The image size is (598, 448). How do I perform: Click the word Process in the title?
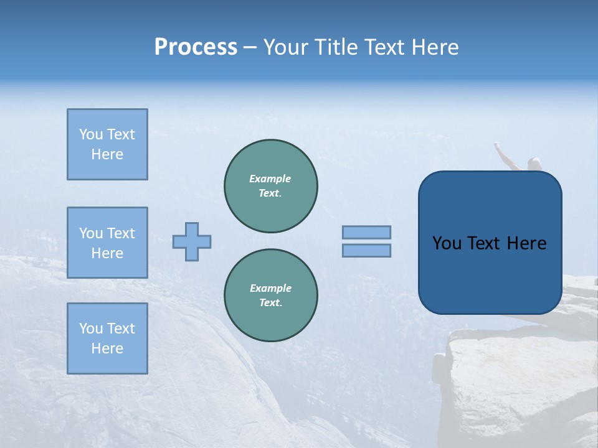196,47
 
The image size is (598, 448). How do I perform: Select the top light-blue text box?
107,144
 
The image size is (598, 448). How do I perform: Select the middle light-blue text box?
107,243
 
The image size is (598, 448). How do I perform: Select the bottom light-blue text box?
107,338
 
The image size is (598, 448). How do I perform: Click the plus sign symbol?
192,241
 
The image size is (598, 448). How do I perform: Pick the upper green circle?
271,185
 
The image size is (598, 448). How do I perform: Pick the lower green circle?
271,295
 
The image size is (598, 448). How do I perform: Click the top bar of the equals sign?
366,232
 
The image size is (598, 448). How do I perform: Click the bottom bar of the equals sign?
366,250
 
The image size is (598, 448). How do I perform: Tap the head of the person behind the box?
534,164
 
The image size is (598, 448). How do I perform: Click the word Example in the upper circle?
270,179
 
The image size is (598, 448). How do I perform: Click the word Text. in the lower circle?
270,303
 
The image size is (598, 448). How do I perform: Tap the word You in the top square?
91,134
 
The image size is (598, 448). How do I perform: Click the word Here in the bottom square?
107,348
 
